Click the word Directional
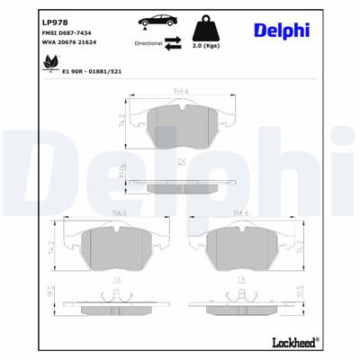point(149,42)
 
